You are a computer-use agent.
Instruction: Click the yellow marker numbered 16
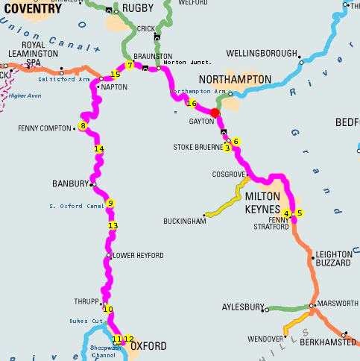coord(192,104)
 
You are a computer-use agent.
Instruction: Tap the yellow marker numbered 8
coord(83,126)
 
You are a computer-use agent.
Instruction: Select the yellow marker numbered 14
coord(99,149)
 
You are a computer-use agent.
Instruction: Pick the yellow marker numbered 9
coord(110,203)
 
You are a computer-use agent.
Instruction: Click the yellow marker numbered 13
coord(113,225)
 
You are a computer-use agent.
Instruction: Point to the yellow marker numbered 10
coord(107,309)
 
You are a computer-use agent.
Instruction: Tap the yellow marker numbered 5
coord(300,213)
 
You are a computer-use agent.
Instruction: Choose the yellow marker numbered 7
coord(130,66)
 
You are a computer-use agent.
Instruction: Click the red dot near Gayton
coord(215,113)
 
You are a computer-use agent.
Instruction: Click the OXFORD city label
coord(148,346)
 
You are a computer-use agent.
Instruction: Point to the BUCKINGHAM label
coord(183,222)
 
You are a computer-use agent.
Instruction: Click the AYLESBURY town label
coord(243,307)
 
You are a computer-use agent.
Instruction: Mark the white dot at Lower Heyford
coord(109,255)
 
